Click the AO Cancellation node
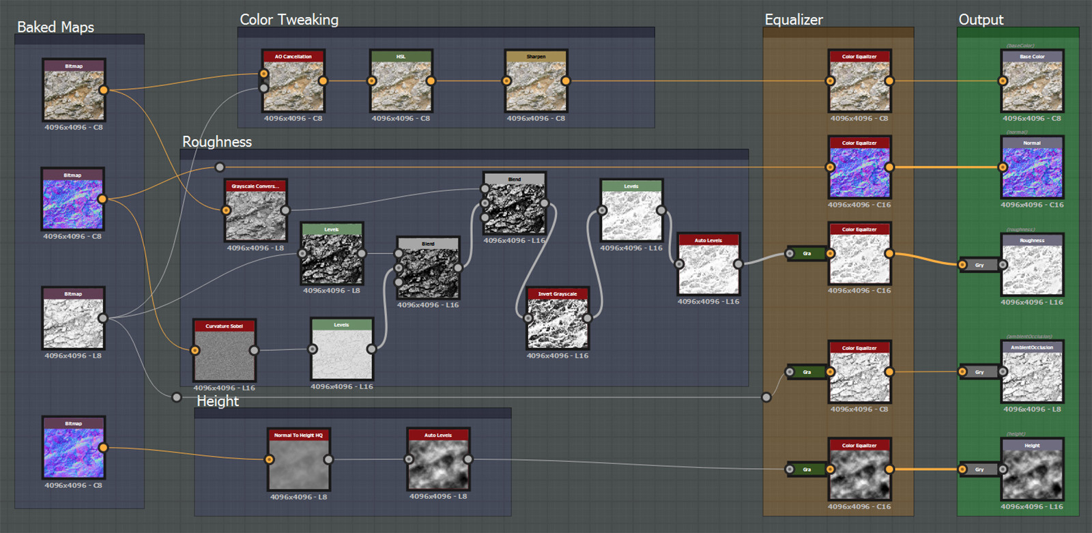click(293, 86)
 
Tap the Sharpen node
click(536, 86)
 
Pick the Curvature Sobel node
click(225, 355)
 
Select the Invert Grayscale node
click(558, 323)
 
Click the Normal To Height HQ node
click(298, 465)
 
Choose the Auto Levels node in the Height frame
click(438, 464)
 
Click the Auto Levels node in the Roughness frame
click(708, 269)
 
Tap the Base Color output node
click(1032, 86)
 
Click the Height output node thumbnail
click(1032, 475)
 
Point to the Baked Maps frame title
click(55, 27)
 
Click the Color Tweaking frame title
click(289, 20)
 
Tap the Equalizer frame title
click(794, 20)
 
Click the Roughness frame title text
click(217, 142)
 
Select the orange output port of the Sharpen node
click(566, 81)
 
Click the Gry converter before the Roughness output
click(979, 265)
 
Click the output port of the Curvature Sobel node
click(254, 351)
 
